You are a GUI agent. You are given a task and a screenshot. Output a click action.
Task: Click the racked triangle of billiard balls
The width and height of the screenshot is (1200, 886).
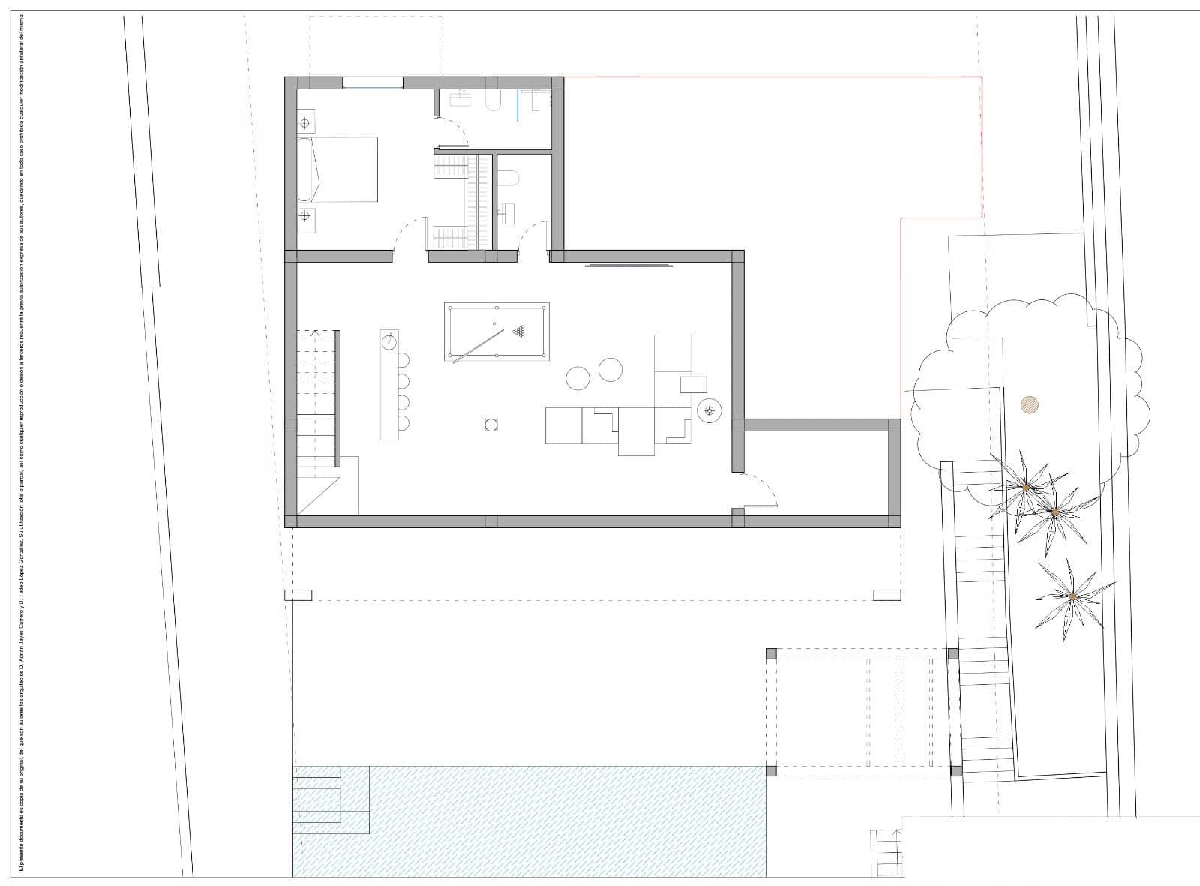[519, 330]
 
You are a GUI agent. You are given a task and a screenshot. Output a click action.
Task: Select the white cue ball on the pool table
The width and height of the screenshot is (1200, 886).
[494, 324]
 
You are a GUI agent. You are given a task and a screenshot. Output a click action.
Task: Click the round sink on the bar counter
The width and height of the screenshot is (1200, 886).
[388, 342]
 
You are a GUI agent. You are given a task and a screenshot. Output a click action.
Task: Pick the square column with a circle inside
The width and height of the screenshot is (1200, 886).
[490, 425]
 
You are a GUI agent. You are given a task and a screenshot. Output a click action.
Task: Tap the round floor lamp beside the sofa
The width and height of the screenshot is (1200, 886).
[709, 410]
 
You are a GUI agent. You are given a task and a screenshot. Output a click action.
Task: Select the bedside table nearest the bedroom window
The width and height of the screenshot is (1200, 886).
[305, 120]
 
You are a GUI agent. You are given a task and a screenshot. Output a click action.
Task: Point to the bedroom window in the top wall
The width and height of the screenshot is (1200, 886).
[373, 83]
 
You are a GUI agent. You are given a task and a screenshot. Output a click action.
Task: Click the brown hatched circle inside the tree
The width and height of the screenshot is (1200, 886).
[1030, 405]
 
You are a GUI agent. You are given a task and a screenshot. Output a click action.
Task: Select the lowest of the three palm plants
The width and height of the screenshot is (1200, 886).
[1072, 596]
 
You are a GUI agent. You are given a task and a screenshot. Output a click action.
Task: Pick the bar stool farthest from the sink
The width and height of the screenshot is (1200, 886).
[403, 422]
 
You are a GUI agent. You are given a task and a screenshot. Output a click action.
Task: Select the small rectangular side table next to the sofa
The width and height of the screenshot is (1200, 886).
[693, 385]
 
